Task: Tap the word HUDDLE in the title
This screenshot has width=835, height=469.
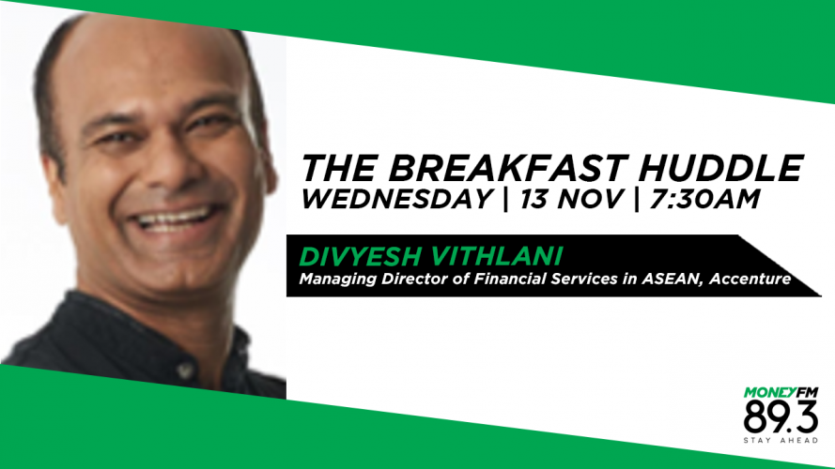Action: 720,168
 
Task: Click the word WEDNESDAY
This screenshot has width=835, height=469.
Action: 396,199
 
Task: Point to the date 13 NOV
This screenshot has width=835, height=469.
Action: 570,199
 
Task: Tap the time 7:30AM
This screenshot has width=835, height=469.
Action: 704,199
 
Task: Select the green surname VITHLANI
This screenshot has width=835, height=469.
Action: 496,256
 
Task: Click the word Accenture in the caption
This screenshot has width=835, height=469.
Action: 750,279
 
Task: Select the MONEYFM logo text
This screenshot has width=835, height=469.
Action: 781,392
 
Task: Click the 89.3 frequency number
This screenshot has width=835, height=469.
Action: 781,416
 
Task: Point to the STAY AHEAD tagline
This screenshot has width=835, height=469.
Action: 781,440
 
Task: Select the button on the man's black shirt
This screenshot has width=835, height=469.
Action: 185,369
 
